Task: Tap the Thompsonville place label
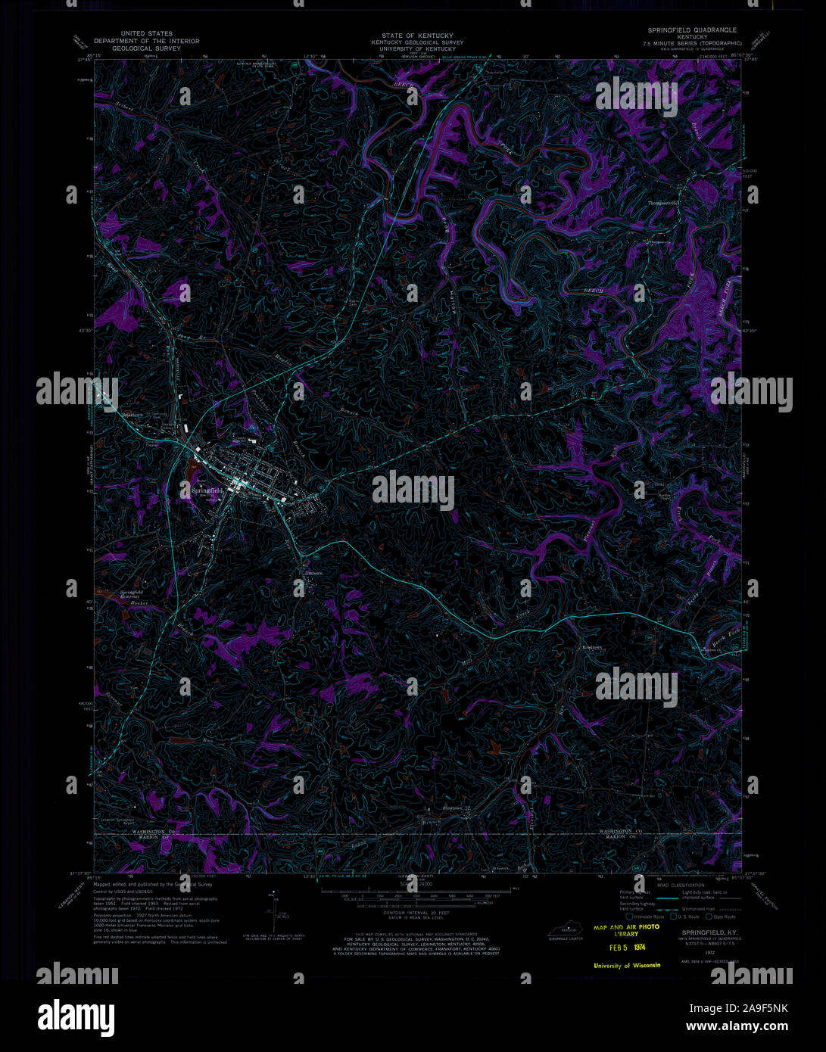665,203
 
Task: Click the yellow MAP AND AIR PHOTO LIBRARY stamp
626,930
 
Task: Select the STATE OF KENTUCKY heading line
417,36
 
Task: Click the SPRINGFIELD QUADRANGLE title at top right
692,30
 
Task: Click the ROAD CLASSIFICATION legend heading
680,885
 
